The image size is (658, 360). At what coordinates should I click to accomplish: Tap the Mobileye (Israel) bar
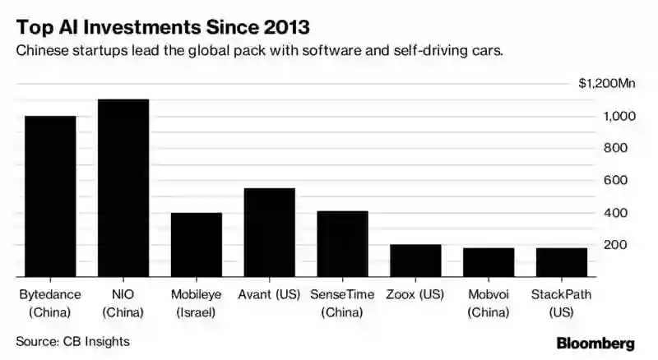click(196, 245)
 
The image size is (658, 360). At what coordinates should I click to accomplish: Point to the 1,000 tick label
click(618, 116)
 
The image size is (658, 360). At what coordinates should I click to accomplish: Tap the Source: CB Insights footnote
click(73, 340)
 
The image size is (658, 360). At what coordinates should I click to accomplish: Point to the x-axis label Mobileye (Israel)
click(196, 302)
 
